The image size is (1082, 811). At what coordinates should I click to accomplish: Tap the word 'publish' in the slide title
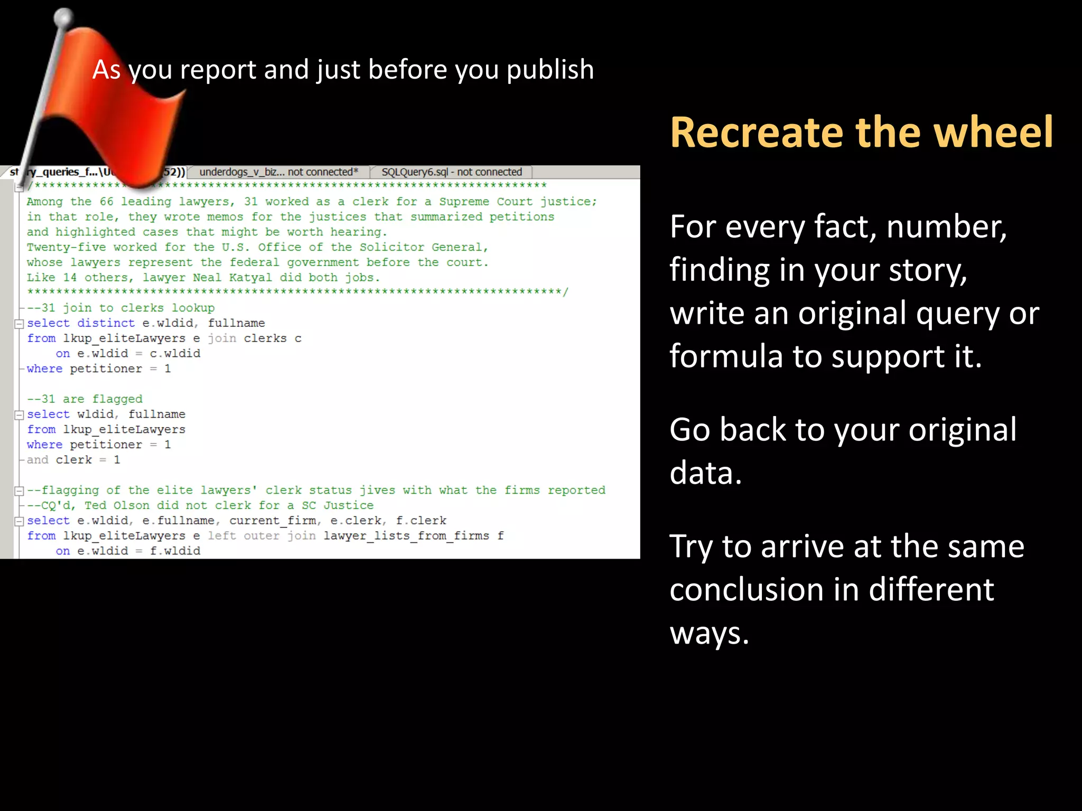(x=550, y=70)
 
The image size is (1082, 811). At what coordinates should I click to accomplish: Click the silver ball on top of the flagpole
(x=64, y=17)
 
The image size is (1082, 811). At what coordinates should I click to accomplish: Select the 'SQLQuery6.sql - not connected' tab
(x=451, y=172)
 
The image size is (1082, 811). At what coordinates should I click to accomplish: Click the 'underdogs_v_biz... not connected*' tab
(x=278, y=172)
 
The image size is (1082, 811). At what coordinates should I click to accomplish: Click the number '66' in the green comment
(x=107, y=202)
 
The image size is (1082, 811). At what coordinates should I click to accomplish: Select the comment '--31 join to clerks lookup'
(x=120, y=308)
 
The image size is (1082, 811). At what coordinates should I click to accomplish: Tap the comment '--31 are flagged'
(x=85, y=399)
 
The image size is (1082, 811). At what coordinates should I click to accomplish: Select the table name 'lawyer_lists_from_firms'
(x=406, y=536)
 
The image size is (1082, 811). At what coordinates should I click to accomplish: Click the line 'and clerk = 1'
(x=73, y=460)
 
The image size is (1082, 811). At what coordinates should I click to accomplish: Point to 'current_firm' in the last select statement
(x=273, y=521)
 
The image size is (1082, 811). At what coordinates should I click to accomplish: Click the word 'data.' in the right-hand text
(x=706, y=473)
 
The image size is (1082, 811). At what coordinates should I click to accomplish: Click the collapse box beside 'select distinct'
(x=20, y=324)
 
